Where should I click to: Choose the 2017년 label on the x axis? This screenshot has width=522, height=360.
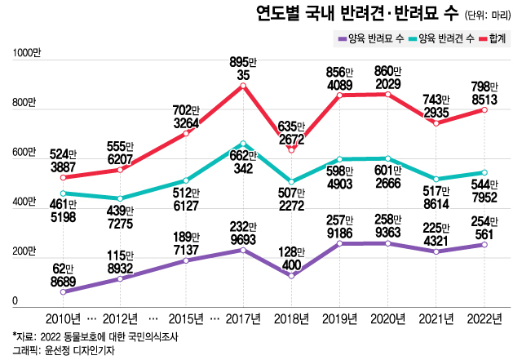[x=243, y=317]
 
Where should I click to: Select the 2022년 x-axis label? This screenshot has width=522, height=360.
[x=484, y=317]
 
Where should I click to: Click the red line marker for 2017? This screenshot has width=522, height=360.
[x=243, y=85]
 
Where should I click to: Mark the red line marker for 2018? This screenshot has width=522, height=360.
[x=291, y=150]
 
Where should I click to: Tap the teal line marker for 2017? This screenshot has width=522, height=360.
[x=243, y=144]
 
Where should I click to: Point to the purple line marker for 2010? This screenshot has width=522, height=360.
[x=63, y=291]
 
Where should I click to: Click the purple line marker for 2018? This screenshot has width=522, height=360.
[x=291, y=275]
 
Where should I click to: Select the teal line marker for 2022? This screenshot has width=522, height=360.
[x=484, y=173]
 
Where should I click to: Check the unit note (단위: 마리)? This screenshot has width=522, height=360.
[x=489, y=15]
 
